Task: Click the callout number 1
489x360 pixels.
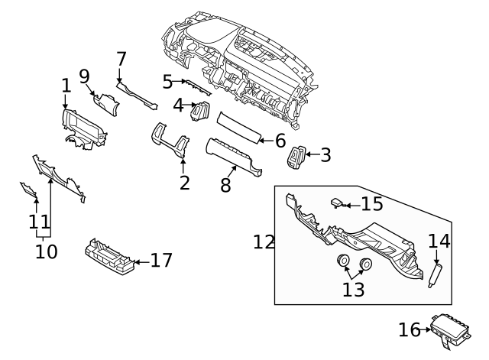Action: pos(66,85)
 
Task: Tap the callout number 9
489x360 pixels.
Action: pos(84,76)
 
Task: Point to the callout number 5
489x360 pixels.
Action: pos(168,80)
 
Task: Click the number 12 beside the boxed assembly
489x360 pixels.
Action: pos(264,242)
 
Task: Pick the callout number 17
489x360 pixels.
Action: pos(161,261)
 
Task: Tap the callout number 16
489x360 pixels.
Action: pos(410,329)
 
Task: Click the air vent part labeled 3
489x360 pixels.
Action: pos(297,158)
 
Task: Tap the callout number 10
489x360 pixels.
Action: pos(46,251)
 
